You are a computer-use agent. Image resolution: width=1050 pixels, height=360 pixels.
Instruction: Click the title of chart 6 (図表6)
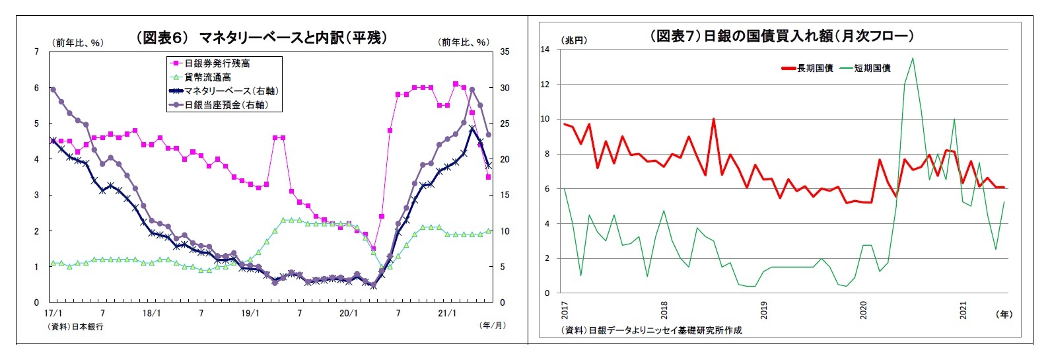click(x=261, y=38)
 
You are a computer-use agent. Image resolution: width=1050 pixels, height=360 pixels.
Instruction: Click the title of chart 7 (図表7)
click(x=782, y=36)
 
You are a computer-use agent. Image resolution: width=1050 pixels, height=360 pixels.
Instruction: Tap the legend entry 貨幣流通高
click(x=207, y=77)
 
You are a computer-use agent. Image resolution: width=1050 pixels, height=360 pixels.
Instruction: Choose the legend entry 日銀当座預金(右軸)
click(x=226, y=104)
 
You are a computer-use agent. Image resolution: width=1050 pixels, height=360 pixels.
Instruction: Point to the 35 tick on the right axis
click(x=505, y=52)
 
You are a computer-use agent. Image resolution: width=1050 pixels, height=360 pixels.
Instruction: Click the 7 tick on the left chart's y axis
click(x=36, y=52)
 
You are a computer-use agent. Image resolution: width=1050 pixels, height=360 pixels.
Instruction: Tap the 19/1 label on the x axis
click(x=250, y=313)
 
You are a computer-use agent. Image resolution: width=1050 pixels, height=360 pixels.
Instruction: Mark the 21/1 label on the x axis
click(x=447, y=313)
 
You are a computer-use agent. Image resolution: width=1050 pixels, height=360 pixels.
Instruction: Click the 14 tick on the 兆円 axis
click(x=545, y=49)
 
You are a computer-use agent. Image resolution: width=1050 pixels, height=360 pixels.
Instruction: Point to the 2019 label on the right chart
click(x=764, y=310)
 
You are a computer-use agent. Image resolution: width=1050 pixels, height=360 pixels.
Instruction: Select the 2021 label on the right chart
click(x=963, y=310)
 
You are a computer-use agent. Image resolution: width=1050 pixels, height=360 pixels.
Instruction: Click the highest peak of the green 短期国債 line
click(x=913, y=58)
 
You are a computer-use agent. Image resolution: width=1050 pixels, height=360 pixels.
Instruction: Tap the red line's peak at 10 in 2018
click(x=714, y=119)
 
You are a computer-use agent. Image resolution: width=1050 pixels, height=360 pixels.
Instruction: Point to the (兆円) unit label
click(x=574, y=40)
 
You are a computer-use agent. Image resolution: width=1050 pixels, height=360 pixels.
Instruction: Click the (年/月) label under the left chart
click(x=492, y=325)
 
